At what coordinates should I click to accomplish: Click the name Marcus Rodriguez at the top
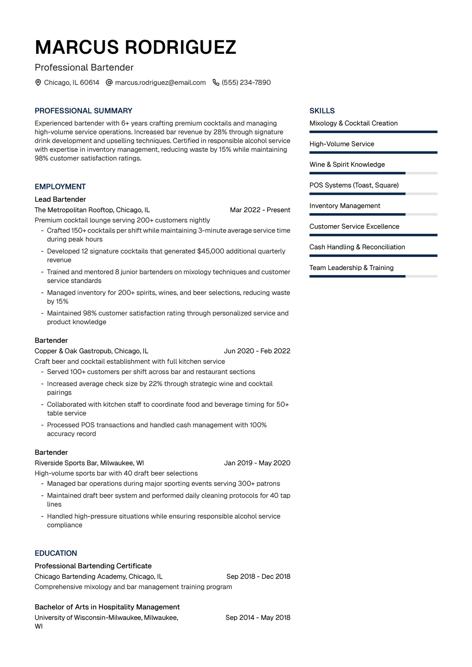(135, 48)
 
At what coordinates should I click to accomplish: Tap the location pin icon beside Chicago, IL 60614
(38, 83)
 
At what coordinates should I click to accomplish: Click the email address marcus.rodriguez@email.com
(160, 83)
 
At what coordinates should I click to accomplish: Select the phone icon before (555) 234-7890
(216, 83)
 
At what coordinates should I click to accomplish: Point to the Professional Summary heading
(83, 111)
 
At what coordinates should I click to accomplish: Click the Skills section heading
(322, 111)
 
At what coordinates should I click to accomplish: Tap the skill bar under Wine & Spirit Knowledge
(373, 173)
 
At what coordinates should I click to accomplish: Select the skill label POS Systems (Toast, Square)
(354, 185)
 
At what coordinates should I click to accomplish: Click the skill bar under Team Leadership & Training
(373, 276)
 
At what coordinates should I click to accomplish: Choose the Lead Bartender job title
(60, 199)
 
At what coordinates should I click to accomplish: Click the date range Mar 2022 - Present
(260, 210)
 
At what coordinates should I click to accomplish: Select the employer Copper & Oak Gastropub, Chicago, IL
(91, 351)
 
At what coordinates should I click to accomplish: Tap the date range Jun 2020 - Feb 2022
(257, 351)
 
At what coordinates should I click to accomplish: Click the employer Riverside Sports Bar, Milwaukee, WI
(89, 463)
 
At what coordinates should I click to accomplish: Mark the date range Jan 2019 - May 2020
(257, 463)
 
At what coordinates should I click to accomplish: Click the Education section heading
(56, 553)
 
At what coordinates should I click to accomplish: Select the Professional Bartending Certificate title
(93, 566)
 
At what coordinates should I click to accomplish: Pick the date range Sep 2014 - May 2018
(258, 617)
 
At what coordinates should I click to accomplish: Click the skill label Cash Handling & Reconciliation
(357, 247)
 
